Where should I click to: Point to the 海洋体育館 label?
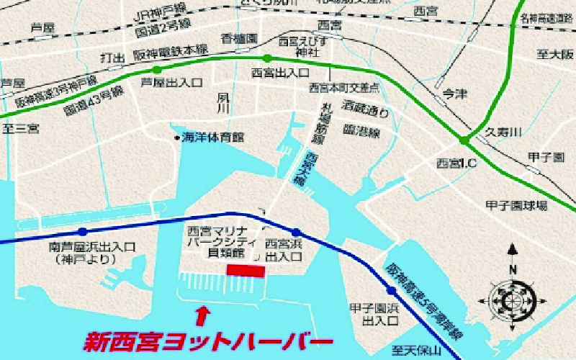(213, 137)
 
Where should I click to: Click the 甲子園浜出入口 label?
(372, 313)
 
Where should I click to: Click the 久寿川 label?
(498, 132)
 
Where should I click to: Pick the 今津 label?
(454, 92)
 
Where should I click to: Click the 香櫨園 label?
(240, 38)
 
